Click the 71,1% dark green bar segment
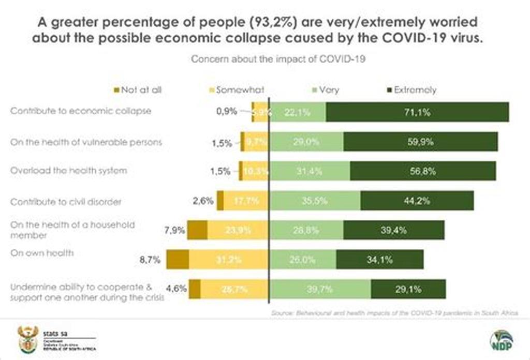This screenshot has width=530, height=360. coord(417,112)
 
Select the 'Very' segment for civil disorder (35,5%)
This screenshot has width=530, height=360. coord(315,201)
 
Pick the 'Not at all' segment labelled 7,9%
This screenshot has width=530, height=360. coord(197,230)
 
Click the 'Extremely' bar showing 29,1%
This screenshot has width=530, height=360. coord(408,289)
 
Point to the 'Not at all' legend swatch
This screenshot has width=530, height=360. coord(116,90)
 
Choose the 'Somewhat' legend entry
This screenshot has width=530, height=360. coord(235,90)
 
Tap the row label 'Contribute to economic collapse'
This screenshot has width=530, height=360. coord(81,111)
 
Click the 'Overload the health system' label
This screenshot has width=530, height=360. coord(68,170)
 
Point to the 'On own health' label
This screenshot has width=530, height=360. coord(42,253)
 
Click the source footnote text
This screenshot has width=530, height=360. coord(394,314)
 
